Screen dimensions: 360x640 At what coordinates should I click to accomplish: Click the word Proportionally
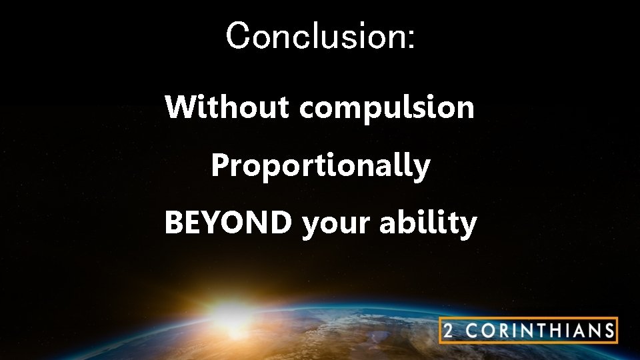click(x=320, y=166)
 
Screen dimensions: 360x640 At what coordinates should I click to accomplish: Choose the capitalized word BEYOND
click(x=227, y=223)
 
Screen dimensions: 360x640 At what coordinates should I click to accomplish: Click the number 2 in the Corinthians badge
click(x=450, y=331)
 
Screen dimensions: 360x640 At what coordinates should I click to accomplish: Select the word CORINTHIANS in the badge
click(x=539, y=331)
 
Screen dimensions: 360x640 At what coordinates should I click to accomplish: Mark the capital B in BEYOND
click(x=173, y=223)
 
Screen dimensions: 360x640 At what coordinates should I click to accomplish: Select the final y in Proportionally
click(x=422, y=168)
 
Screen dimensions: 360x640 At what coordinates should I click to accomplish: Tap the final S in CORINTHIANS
click(x=607, y=331)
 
